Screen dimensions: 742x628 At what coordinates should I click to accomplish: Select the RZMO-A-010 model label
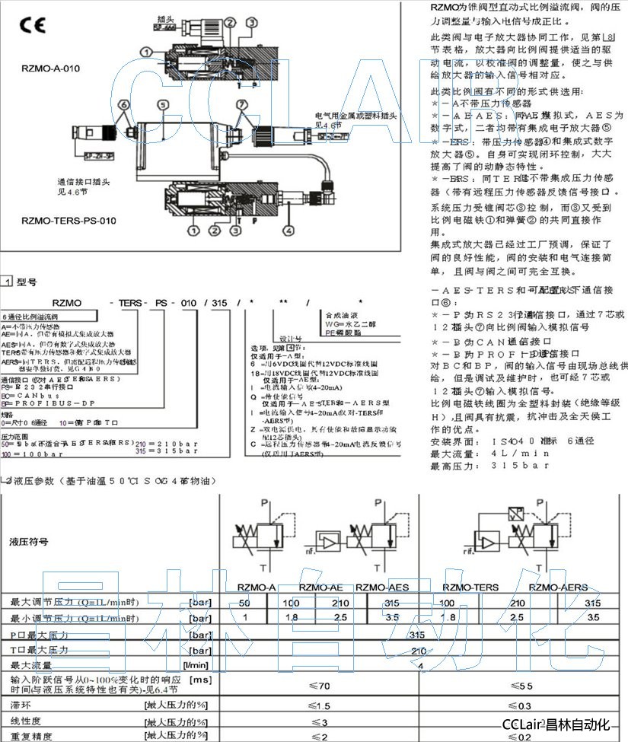tap(51, 68)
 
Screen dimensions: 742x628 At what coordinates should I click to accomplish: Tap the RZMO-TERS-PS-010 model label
tap(69, 221)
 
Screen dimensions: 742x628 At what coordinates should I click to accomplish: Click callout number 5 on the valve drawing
tap(161, 105)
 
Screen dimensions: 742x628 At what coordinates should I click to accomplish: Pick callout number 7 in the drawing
tap(241, 103)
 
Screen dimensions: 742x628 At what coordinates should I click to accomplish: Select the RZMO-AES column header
tap(382, 587)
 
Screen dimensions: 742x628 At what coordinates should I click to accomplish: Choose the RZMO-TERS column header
tap(474, 587)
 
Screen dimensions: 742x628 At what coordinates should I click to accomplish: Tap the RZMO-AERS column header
tap(558, 587)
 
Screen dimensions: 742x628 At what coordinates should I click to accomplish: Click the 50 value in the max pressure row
tap(244, 603)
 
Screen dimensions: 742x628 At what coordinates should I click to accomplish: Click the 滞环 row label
tap(21, 705)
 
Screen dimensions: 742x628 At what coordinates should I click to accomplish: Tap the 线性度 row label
tap(26, 721)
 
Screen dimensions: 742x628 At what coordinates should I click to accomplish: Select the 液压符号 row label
tap(29, 542)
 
